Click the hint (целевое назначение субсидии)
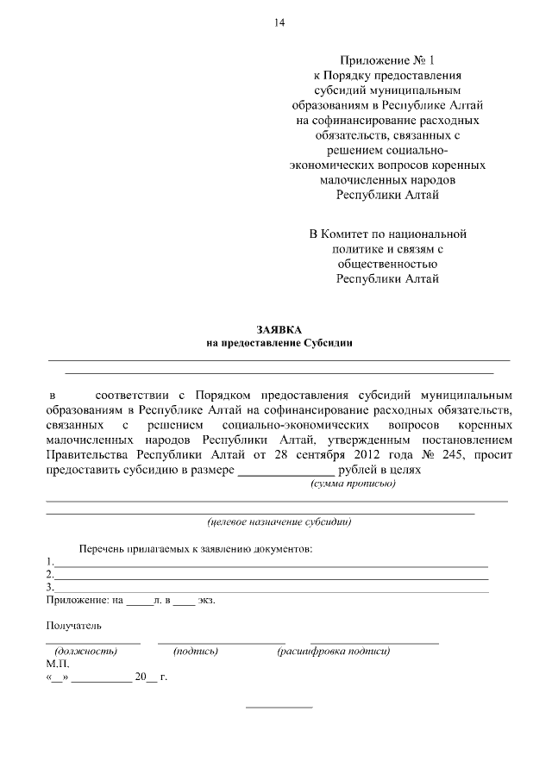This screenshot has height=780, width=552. coord(279,521)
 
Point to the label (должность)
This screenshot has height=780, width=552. coord(85,652)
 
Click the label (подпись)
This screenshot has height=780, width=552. coord(196,652)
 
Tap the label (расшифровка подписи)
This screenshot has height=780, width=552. coord(334,652)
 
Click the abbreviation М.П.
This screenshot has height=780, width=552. coord(55,665)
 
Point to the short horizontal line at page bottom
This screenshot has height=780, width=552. coord(279,708)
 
